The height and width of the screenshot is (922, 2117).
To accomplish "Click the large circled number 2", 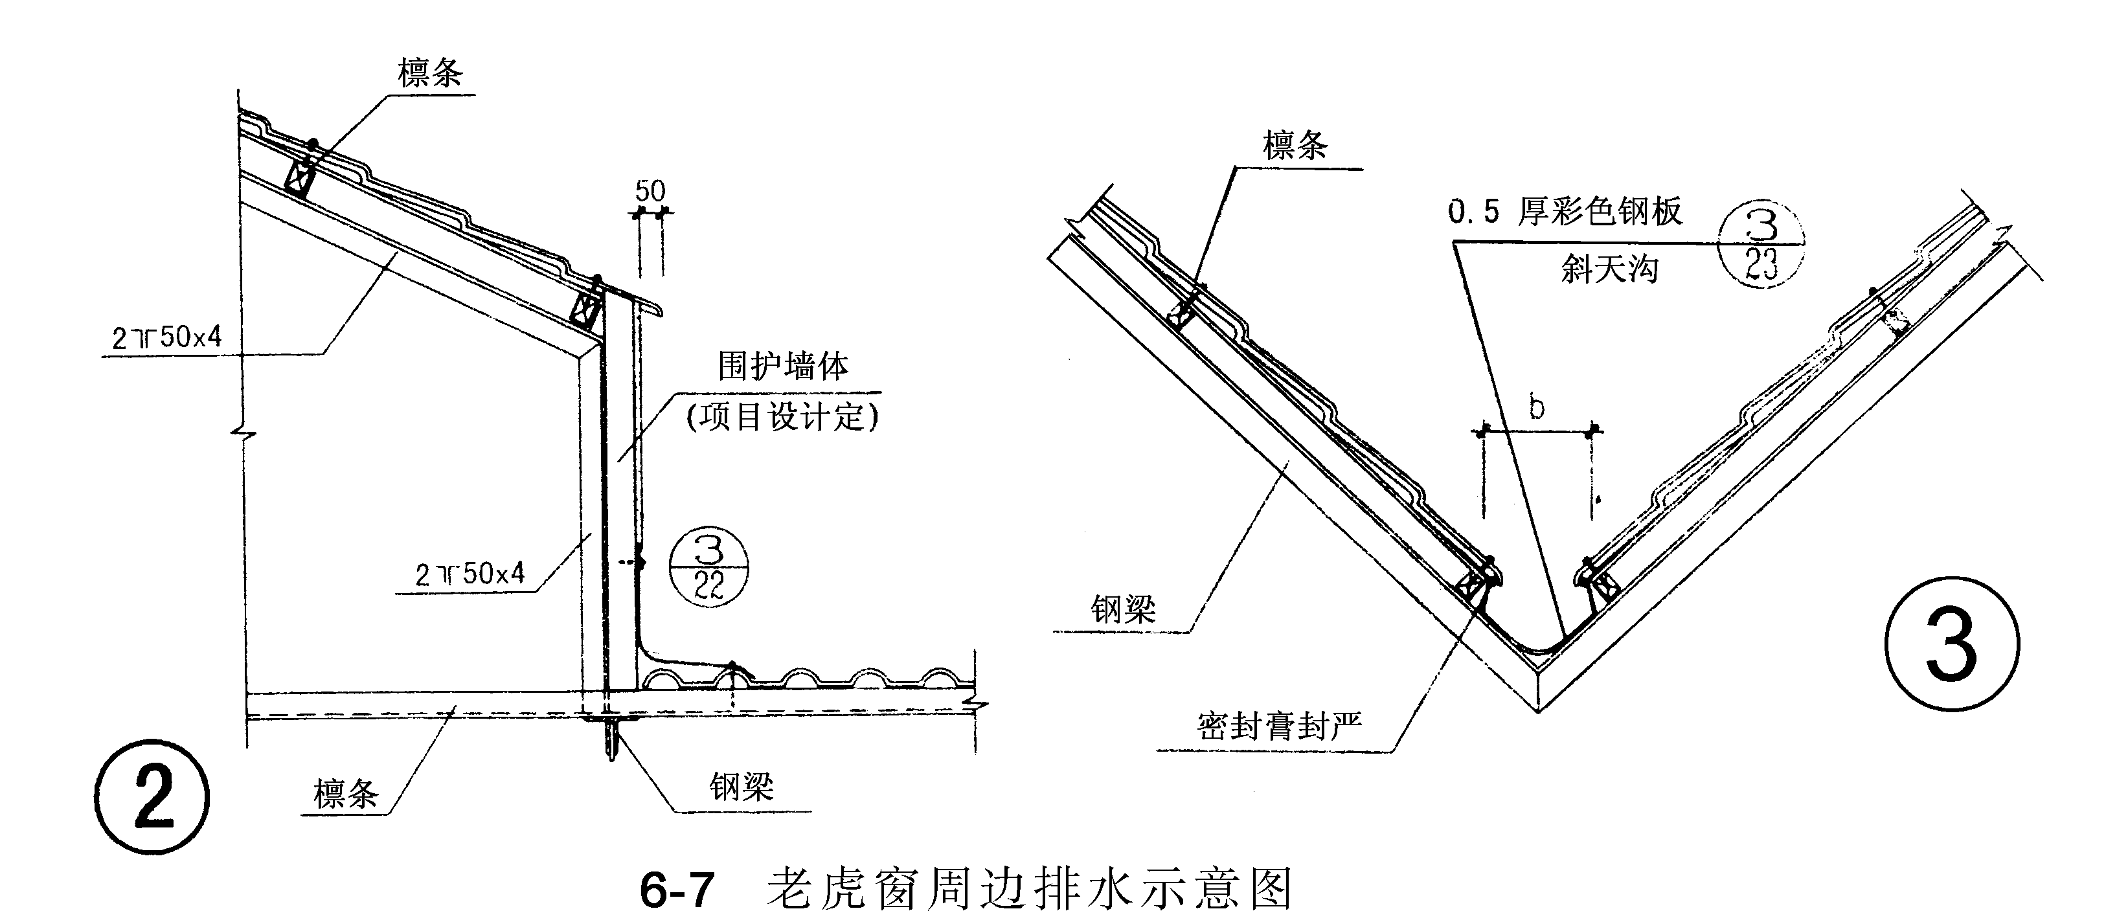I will pyautogui.click(x=152, y=796).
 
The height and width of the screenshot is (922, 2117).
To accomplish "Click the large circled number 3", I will pyautogui.click(x=1951, y=642).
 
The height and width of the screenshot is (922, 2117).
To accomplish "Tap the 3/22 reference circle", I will pyautogui.click(x=708, y=567).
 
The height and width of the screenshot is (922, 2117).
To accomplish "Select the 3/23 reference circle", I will pyautogui.click(x=1761, y=244).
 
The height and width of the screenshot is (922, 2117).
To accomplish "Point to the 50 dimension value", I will pyautogui.click(x=650, y=192).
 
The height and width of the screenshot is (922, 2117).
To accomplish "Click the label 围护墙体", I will pyautogui.click(x=783, y=366).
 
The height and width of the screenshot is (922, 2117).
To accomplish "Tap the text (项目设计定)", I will pyautogui.click(x=782, y=416).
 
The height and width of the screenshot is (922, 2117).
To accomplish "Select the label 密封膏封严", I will pyautogui.click(x=1279, y=726).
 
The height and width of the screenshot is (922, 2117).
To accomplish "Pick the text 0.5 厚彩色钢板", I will pyautogui.click(x=1565, y=212).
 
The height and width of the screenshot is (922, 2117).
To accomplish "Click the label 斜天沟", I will pyautogui.click(x=1609, y=269).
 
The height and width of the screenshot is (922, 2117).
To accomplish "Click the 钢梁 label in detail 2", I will pyautogui.click(x=742, y=787).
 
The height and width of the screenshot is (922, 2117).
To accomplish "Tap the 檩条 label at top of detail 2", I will pyautogui.click(x=430, y=73).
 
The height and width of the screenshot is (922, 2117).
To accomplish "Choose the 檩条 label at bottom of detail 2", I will pyautogui.click(x=346, y=794).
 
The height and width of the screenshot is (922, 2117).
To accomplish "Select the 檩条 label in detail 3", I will pyautogui.click(x=1295, y=146).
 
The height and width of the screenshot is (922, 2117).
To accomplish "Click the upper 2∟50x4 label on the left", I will pyautogui.click(x=167, y=337).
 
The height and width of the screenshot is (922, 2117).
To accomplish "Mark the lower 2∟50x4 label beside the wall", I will pyautogui.click(x=470, y=574).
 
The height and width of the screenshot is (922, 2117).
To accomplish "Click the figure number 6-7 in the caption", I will pyautogui.click(x=677, y=890).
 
